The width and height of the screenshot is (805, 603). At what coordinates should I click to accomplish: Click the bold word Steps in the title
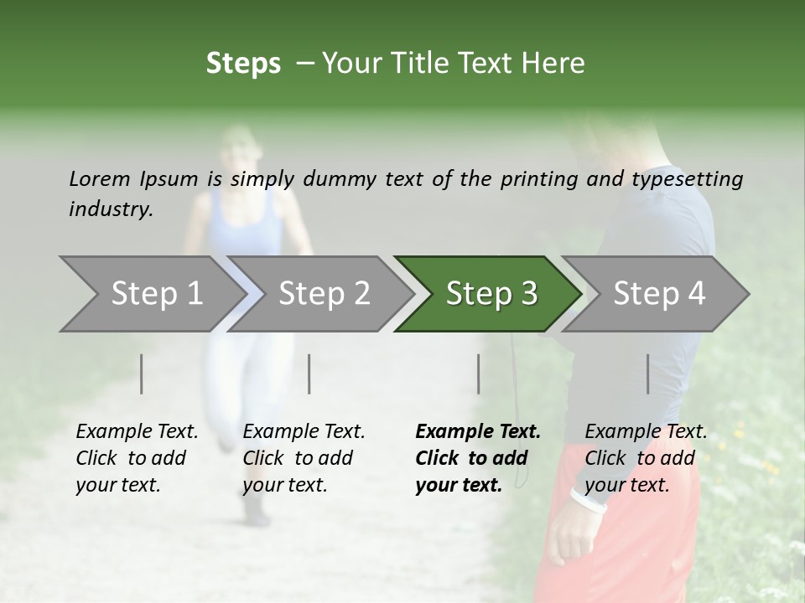pos(243,64)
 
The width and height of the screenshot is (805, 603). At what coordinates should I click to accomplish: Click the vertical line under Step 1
pos(142,374)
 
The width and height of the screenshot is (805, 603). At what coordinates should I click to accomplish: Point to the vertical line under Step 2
pos(309,374)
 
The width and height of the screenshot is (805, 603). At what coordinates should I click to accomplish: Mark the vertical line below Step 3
pos(479,374)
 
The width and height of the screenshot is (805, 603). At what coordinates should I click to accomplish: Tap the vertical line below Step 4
pos(647,374)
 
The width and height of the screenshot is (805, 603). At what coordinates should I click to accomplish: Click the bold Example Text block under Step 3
pos(478,458)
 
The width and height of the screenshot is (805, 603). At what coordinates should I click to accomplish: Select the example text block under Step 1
pos(137,458)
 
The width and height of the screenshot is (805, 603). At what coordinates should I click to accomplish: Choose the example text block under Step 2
pos(304,458)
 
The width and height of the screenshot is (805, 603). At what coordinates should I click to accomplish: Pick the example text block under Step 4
pos(646,458)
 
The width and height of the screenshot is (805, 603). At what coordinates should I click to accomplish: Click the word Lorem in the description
pos(100,178)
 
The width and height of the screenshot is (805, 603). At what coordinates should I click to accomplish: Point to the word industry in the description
pos(110,209)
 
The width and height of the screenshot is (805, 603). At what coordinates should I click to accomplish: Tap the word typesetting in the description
pos(687,179)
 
